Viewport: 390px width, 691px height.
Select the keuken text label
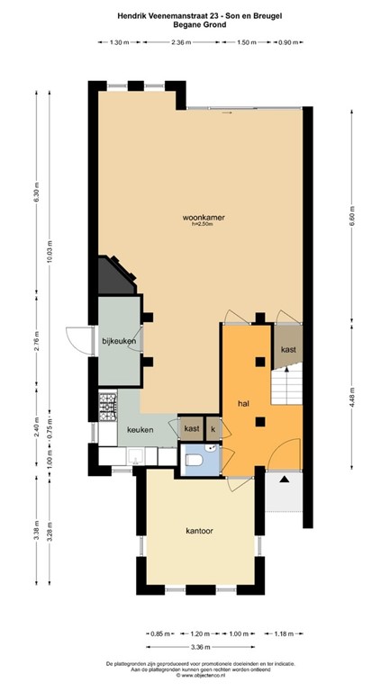(x=140, y=430)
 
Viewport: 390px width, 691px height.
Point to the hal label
(x=243, y=404)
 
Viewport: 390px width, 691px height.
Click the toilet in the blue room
(x=193, y=461)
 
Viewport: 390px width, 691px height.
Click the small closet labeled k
(x=213, y=430)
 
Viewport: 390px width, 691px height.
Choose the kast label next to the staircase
(x=288, y=349)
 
